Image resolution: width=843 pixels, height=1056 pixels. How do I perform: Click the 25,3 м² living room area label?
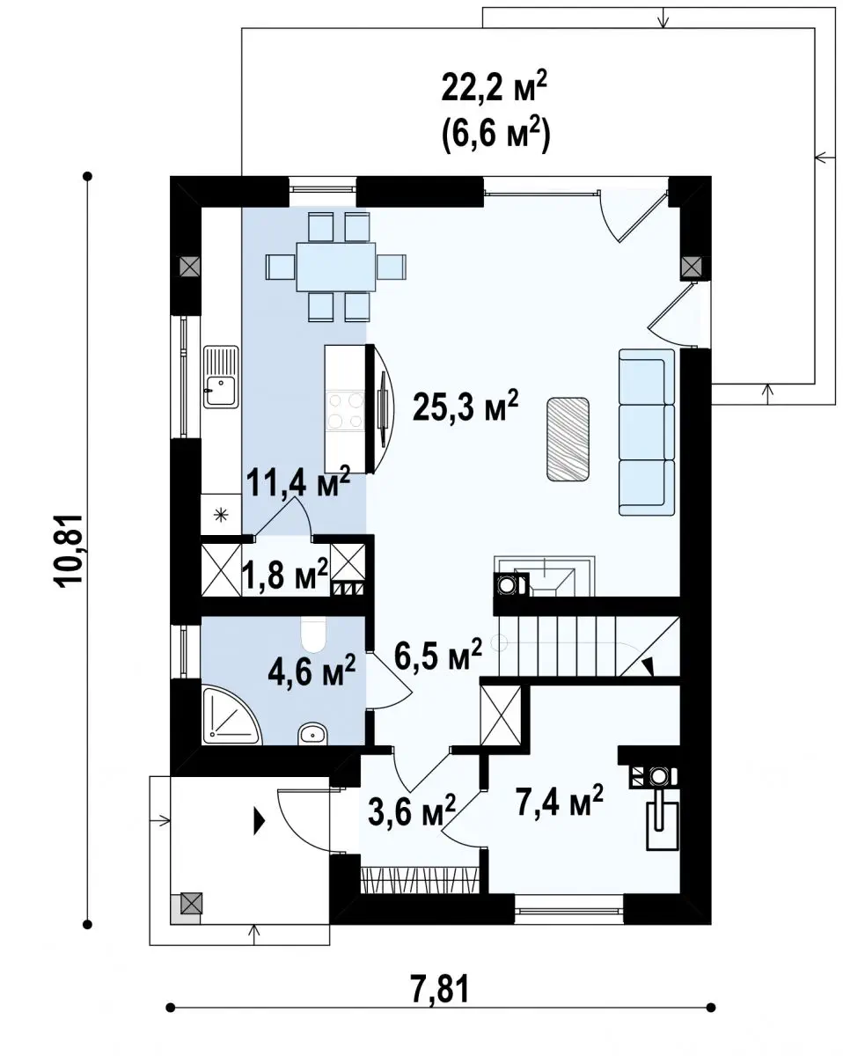point(465,406)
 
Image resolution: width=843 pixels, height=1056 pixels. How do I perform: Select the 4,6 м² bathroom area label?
point(312,671)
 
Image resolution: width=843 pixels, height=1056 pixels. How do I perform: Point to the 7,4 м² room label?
point(559,800)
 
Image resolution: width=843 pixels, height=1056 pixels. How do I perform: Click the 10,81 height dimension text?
point(69,551)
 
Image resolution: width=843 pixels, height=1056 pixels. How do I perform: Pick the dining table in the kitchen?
point(335,267)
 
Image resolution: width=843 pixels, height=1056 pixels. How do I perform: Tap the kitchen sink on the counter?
point(221,377)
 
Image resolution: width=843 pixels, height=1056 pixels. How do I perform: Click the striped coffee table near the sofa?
point(568,439)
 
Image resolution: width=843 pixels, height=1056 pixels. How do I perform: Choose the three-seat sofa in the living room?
point(647,432)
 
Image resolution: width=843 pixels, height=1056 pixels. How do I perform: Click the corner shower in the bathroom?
point(231,721)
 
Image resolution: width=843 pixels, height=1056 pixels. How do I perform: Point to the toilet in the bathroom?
point(313,634)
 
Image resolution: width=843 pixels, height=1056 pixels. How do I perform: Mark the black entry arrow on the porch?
point(259,821)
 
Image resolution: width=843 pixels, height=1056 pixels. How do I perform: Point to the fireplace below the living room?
point(545,576)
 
